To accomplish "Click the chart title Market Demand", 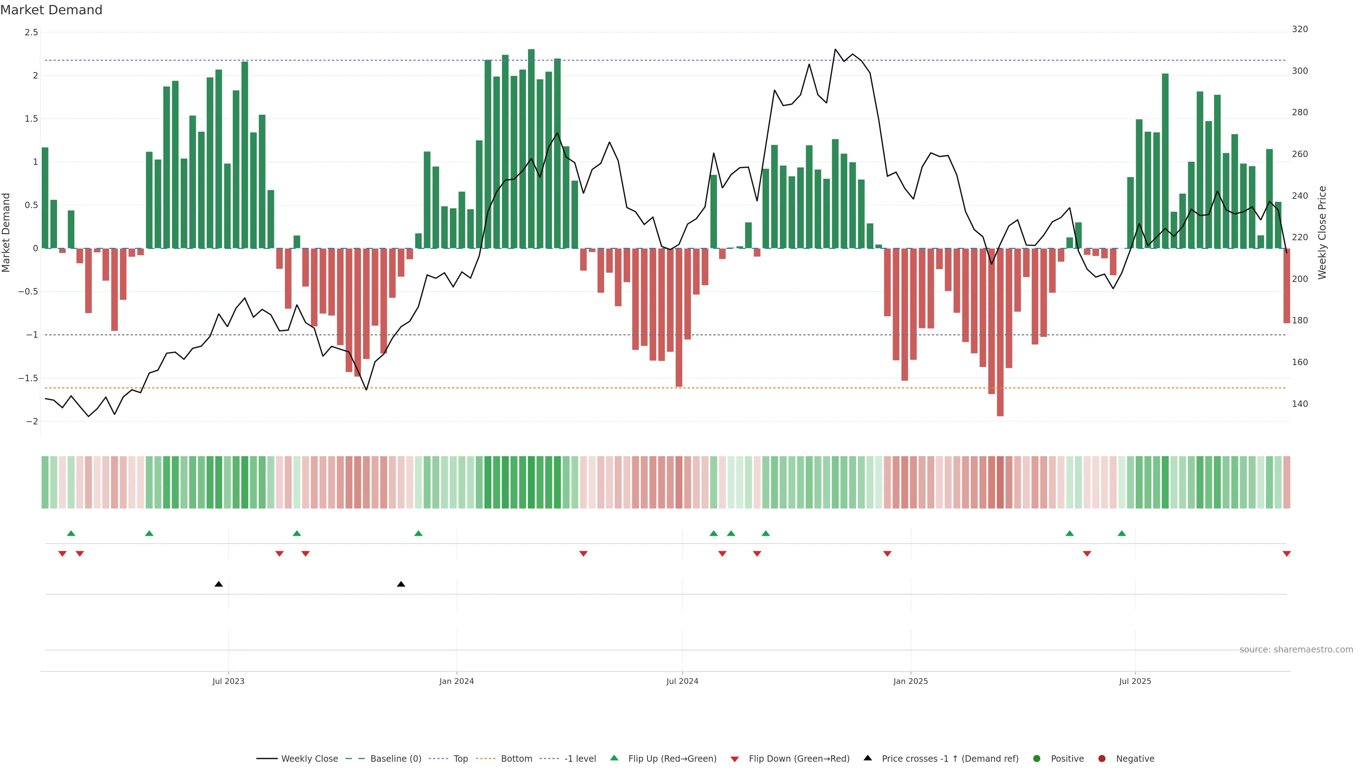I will pos(51,10).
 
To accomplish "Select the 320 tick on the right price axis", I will pos(1299,29).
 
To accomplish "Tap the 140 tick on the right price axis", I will pos(1299,404).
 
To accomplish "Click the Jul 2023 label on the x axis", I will pos(228,681).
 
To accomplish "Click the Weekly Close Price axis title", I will pos(1322,232).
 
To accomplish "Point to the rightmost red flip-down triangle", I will pos(1286,554).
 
